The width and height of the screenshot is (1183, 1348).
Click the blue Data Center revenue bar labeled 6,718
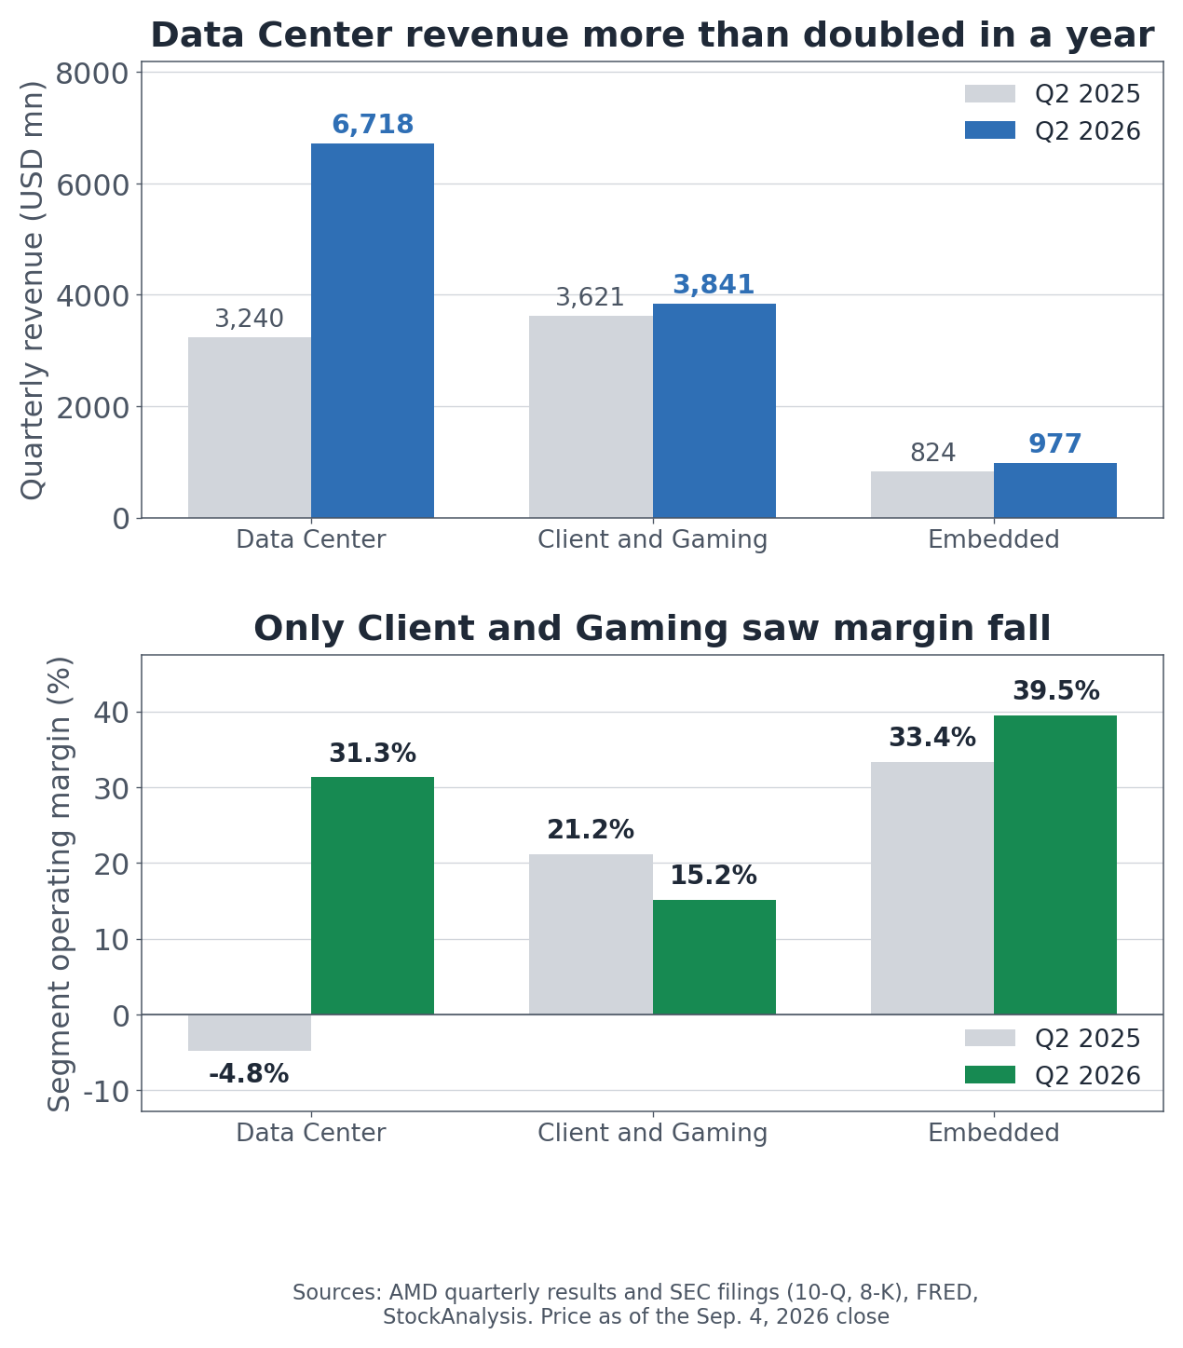pos(373,330)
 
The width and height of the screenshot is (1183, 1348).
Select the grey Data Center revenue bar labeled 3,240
pos(250,428)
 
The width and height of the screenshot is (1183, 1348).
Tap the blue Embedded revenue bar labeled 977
pos(1055,490)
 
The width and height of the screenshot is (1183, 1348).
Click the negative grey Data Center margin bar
pos(250,1032)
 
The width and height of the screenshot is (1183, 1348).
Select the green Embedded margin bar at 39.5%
pos(1055,865)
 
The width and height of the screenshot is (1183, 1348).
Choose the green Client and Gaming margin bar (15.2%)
pos(714,958)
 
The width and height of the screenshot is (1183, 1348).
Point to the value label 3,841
pos(714,285)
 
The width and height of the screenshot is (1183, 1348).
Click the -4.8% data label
pos(249,1074)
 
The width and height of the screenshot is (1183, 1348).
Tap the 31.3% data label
pos(373,753)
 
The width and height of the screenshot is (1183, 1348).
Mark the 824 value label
pos(932,453)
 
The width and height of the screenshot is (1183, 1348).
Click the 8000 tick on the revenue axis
pos(92,74)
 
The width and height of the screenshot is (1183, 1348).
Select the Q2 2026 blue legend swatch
pos(990,129)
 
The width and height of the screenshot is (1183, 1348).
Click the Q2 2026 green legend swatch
pos(990,1074)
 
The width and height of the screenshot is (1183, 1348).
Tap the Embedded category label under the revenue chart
pos(993,539)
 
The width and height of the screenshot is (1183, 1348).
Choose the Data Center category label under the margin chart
pos(311,1133)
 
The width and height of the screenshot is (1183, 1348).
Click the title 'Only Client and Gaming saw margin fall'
pos(652,628)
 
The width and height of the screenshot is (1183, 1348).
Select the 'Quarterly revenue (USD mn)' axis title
pos(32,290)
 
